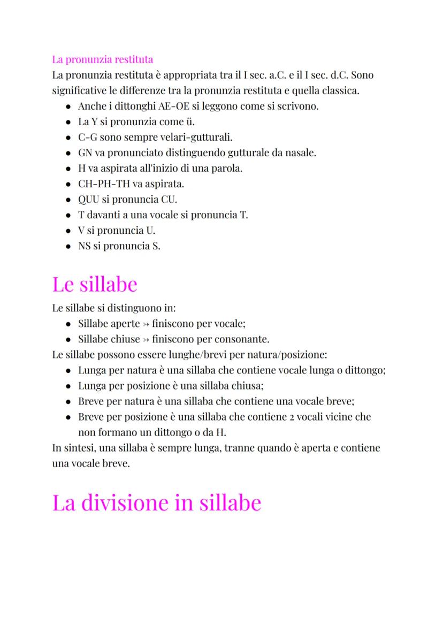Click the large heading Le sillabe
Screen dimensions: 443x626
coord(95,284)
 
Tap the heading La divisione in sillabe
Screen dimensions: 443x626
coord(156,503)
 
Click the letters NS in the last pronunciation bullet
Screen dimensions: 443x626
coord(85,246)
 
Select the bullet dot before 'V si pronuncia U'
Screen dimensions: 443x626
coord(68,231)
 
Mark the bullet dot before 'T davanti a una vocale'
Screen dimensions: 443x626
coord(68,216)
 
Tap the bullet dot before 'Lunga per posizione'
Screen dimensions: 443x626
coord(68,386)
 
